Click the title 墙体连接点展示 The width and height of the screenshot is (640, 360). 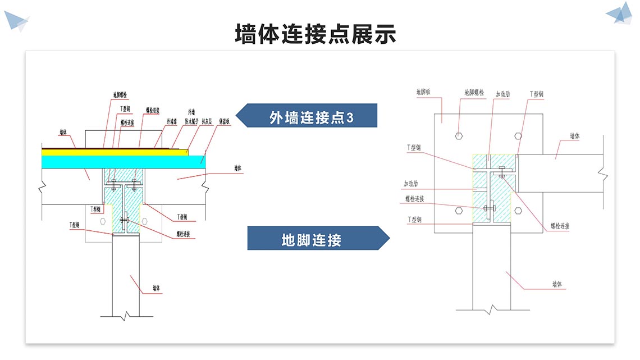[x=316, y=34]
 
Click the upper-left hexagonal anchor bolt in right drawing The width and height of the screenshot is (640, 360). [x=459, y=135]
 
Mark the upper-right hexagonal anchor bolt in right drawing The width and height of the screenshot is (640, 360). [x=518, y=135]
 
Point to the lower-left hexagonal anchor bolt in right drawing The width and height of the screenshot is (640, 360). [x=459, y=211]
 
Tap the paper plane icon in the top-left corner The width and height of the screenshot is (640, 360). [x=16, y=21]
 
